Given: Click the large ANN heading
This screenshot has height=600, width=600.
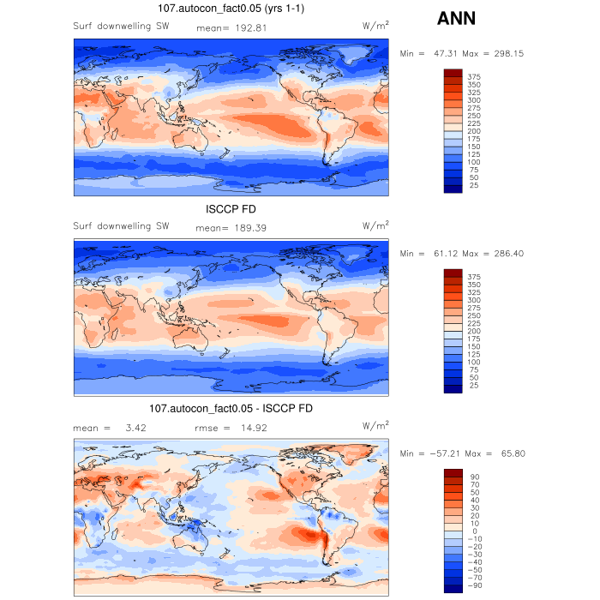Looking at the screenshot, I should pyautogui.click(x=456, y=18).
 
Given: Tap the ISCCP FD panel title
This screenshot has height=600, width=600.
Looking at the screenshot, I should pyautogui.click(x=231, y=210).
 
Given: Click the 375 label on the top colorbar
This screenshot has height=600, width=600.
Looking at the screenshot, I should pyautogui.click(x=474, y=77).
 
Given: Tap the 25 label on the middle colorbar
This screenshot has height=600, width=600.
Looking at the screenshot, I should pyautogui.click(x=474, y=386).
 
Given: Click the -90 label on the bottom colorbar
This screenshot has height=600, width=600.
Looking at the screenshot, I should pyautogui.click(x=474, y=586).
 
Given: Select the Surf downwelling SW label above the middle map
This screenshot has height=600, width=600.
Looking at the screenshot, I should pyautogui.click(x=121, y=227).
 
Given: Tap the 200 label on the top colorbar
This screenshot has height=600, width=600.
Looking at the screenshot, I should pyautogui.click(x=474, y=131).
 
